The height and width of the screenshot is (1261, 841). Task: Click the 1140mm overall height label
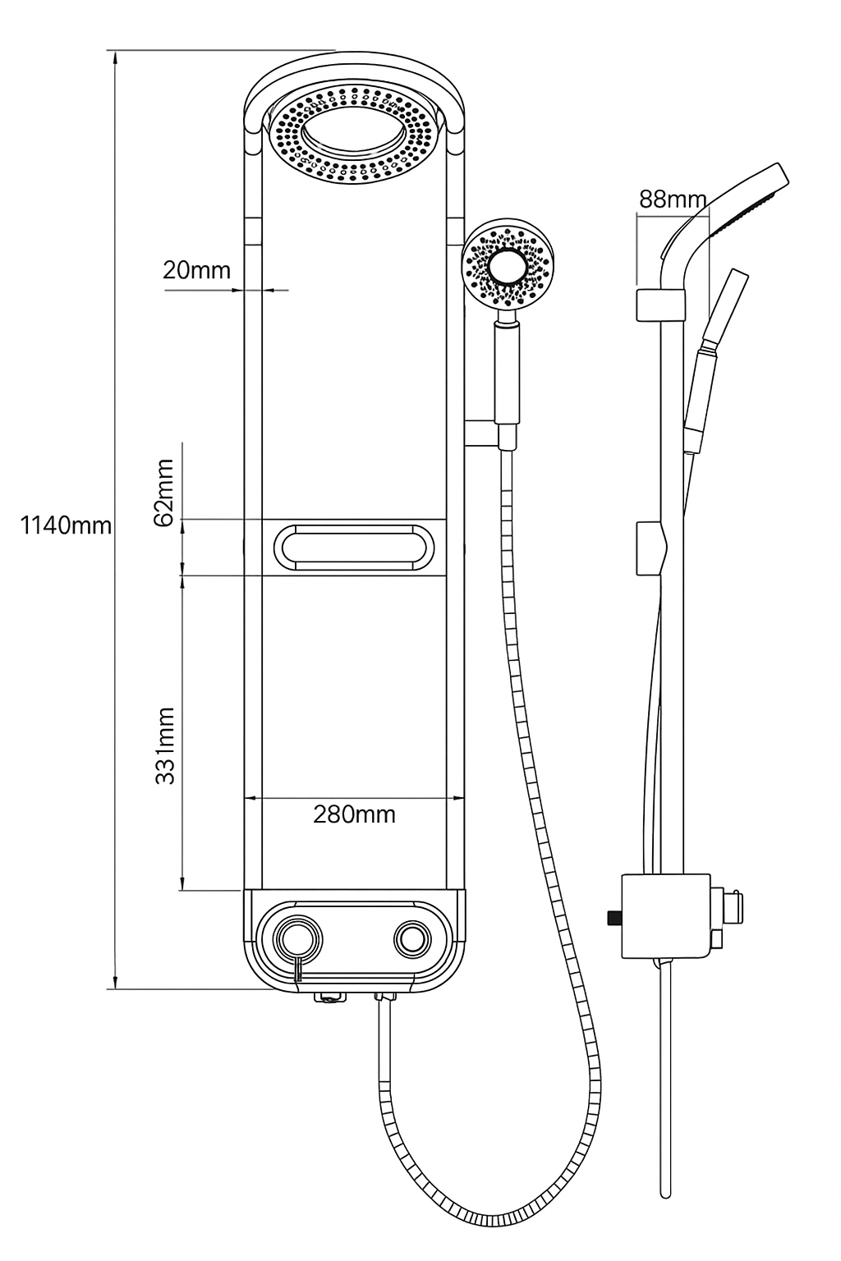coord(66,525)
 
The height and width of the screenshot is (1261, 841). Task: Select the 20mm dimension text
coord(196,269)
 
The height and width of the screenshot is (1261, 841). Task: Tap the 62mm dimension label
coord(165,492)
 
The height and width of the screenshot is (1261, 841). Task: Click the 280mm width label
coord(354,814)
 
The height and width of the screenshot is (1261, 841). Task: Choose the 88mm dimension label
coord(672,199)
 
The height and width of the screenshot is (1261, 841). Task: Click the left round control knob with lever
coord(298,938)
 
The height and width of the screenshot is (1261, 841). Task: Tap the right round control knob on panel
coord(411,938)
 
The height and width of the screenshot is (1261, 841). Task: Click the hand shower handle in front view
coord(507,384)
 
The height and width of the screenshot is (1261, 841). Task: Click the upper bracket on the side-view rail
coord(659,305)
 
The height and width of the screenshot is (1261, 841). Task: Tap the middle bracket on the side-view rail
coord(655,548)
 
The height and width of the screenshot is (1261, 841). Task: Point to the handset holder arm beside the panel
coord(480,433)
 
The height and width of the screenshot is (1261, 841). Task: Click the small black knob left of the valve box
coord(611,917)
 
